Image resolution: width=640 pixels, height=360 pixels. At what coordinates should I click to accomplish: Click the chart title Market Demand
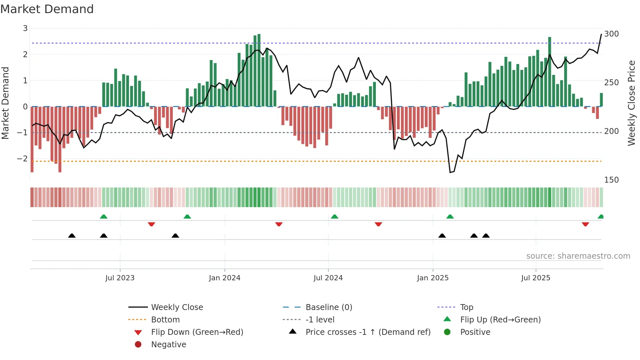coord(47,9)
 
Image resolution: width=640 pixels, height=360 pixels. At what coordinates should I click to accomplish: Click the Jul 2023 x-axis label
coord(120,278)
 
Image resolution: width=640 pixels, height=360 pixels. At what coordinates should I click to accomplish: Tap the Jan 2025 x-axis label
coord(433,278)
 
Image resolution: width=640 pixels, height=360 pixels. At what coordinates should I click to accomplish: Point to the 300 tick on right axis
coord(611,34)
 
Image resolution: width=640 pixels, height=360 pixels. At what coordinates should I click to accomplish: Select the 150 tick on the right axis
coord(611,180)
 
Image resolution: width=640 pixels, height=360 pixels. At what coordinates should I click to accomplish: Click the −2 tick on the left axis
coord(23,159)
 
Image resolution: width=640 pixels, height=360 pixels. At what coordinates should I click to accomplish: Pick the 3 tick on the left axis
coord(25,28)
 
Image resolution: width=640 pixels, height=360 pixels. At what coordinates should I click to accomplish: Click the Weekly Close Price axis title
coord(632,103)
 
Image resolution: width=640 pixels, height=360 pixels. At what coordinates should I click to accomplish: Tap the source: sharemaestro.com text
coord(578,256)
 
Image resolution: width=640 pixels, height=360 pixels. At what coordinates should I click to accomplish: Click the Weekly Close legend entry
coord(177,307)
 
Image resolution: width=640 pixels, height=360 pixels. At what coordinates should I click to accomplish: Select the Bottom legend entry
coord(165,320)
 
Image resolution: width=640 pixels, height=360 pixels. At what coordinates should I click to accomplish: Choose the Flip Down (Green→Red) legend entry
coord(197,332)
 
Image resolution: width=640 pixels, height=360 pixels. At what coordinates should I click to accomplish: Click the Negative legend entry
coord(168,345)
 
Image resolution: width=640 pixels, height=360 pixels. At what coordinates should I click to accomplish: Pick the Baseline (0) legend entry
coord(328,307)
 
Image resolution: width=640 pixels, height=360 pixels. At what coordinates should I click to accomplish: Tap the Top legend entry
coord(467,307)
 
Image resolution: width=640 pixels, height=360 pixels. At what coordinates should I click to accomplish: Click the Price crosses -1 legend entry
coord(368,332)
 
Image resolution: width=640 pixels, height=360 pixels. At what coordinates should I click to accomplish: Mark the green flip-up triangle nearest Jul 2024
coord(334,217)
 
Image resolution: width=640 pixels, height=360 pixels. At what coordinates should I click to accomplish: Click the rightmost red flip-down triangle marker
coord(585,224)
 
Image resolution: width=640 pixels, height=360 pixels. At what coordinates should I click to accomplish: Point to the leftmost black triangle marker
coord(72,236)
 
